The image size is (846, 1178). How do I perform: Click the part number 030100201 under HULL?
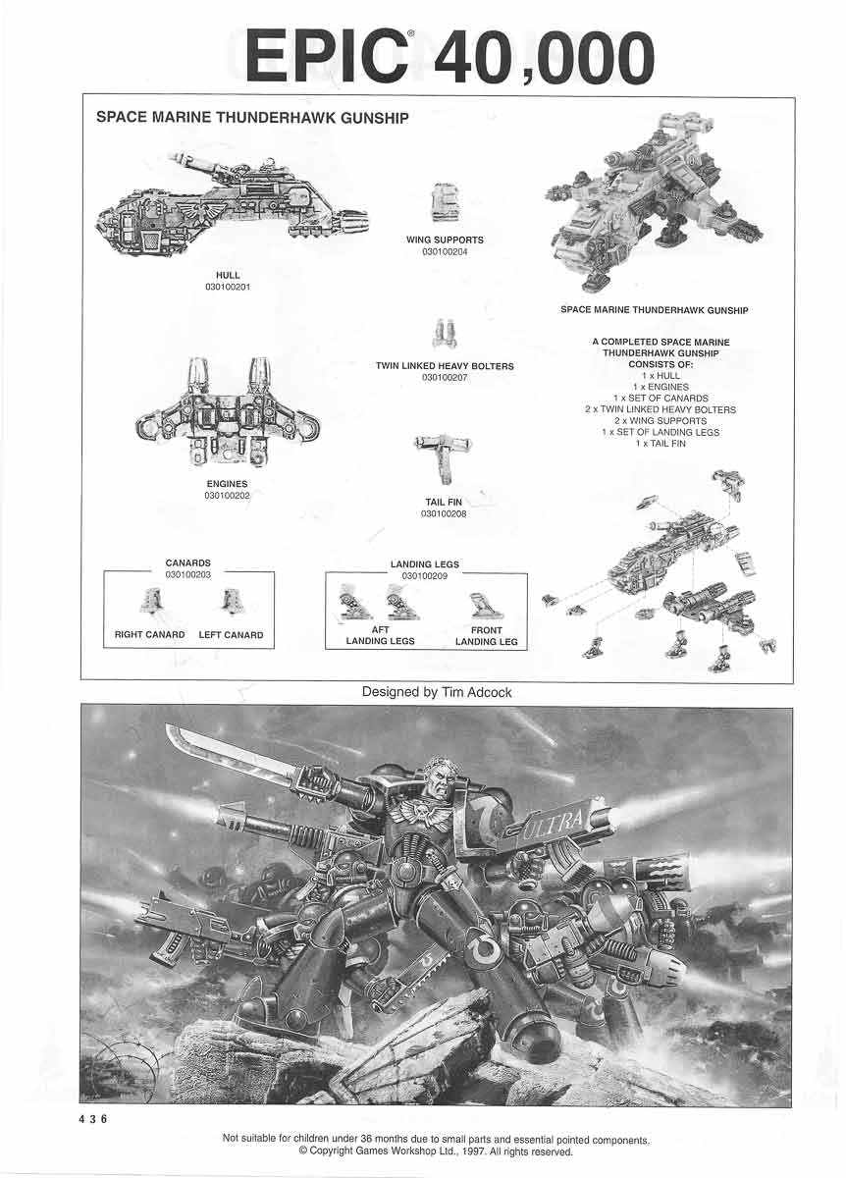pos(228,287)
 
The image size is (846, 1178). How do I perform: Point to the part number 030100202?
pos(228,496)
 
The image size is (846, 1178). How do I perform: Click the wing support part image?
pos(445,203)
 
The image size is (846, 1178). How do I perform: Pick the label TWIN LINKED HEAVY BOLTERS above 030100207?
pos(445,366)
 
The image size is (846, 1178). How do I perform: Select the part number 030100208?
pos(443,513)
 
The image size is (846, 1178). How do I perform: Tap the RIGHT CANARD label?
pos(150,635)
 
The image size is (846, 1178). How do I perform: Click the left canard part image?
pos(232,600)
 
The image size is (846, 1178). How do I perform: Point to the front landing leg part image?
pos(479,603)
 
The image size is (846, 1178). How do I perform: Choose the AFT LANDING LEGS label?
pos(380,636)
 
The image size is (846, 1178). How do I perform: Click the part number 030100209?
pos(425,575)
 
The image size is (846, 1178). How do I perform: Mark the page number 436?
pos(93,1120)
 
